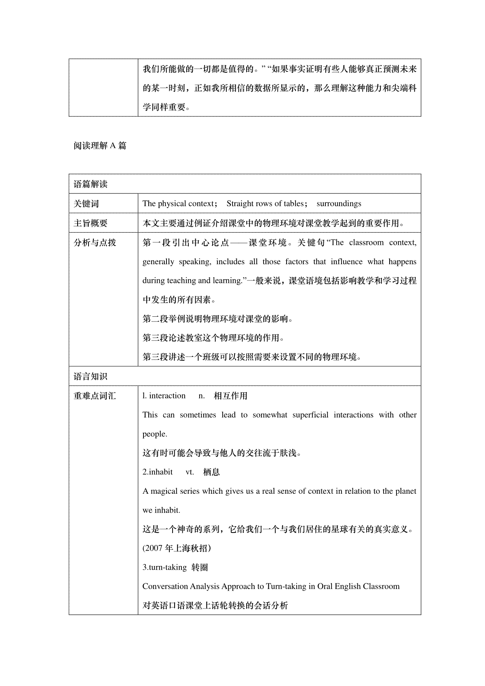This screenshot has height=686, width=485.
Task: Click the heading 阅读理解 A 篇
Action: (100, 146)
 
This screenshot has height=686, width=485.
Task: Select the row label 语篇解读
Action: (91, 185)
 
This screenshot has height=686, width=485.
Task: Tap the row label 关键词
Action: (86, 204)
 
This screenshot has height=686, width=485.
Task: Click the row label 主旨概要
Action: (91, 223)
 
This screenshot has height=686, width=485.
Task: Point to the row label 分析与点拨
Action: (95, 242)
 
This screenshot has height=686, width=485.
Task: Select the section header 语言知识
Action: (91, 377)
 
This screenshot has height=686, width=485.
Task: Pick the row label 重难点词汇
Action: (95, 396)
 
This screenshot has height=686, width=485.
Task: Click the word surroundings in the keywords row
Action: (339, 204)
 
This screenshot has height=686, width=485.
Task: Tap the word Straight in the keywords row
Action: (240, 204)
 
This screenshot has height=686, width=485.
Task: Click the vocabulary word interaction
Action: (167, 396)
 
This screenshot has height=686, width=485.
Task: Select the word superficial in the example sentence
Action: (310, 415)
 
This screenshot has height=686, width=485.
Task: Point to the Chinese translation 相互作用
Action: (230, 396)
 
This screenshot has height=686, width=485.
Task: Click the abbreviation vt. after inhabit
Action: (190, 472)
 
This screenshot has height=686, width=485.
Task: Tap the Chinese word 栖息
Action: (211, 472)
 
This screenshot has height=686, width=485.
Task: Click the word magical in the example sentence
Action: (166, 491)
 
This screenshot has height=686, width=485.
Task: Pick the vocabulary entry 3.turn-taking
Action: (164, 568)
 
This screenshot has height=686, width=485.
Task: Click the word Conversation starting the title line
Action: (165, 587)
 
